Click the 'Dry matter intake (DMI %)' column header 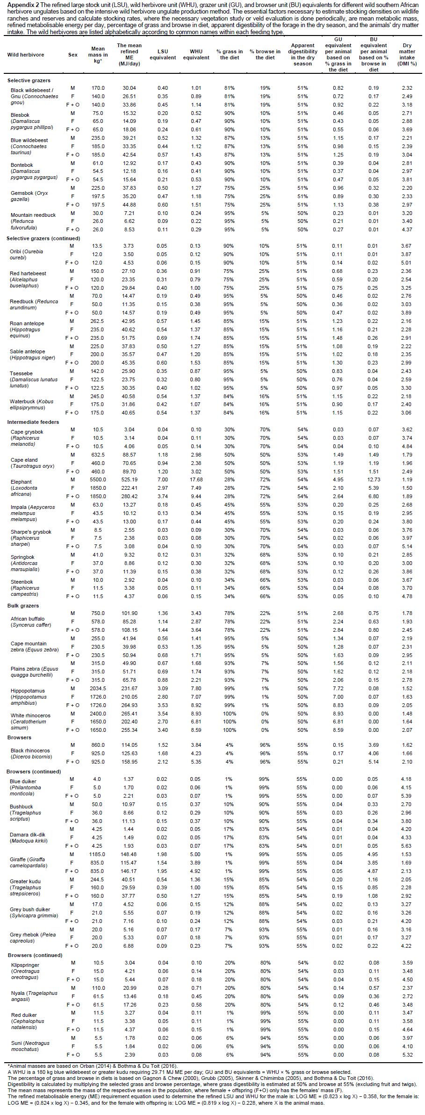tap(407, 55)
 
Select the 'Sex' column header tap(73, 55)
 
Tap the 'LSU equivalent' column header tap(163, 55)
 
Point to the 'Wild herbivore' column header tap(26, 55)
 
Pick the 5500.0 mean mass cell tap(98, 479)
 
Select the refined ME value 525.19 tap(129, 479)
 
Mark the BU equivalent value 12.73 tap(374, 479)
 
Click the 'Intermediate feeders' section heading tap(33, 422)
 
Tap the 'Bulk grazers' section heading tap(23, 606)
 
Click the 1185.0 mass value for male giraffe tap(98, 854)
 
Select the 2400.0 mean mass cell tap(98, 714)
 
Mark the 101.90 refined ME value tap(129, 613)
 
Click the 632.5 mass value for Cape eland tap(98, 455)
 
